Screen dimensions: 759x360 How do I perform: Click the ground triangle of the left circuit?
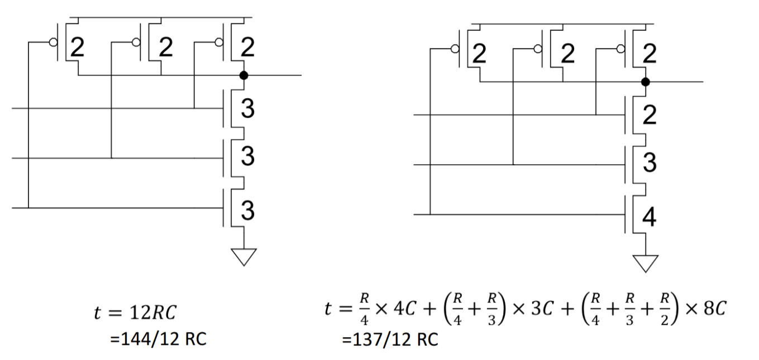tap(244, 257)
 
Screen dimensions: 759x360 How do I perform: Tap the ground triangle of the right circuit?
tap(646, 263)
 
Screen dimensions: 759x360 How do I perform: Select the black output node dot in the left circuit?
tap(244, 75)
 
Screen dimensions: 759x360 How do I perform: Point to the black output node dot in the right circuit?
tap(646, 82)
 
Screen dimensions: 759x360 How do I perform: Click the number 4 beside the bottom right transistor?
tap(649, 217)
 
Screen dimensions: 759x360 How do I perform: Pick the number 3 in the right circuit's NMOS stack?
tap(650, 162)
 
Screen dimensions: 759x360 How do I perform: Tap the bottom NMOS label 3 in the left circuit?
tap(247, 210)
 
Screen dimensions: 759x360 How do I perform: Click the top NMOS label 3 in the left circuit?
tap(247, 108)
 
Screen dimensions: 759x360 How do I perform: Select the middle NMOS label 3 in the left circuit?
tap(247, 156)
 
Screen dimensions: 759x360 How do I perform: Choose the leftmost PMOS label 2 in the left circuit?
tap(77, 47)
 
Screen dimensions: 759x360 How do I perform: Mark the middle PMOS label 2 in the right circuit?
tap(567, 54)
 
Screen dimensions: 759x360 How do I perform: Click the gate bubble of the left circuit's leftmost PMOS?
tap(53, 42)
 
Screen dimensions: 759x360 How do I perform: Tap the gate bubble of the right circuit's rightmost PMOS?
tap(620, 49)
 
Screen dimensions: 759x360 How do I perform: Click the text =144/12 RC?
tap(158, 339)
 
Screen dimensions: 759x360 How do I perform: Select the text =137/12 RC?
tap(390, 339)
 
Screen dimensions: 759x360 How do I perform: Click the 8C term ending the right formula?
tap(715, 309)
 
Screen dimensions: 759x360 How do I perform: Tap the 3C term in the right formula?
tap(542, 309)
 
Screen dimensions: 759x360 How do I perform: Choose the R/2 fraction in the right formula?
tap(664, 309)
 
